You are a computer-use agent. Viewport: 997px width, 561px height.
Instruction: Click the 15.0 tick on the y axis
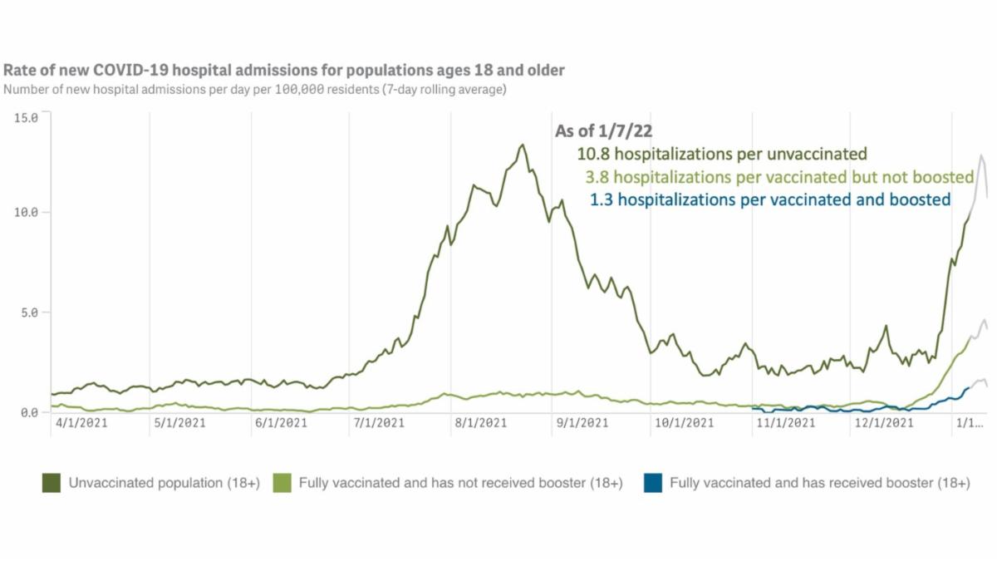tap(27, 117)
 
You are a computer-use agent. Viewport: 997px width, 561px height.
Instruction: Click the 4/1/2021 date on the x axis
tap(79, 423)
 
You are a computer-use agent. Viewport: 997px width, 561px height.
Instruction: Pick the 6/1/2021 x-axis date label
tap(281, 423)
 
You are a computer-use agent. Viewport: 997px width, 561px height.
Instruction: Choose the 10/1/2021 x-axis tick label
tap(684, 423)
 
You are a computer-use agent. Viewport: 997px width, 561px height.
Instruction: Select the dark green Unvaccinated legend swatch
tap(51, 483)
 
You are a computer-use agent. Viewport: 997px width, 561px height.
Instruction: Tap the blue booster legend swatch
tap(652, 483)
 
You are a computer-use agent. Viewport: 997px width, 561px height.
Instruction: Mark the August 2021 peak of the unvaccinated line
tap(522, 145)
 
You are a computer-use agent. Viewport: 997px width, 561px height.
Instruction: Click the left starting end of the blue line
tap(752, 408)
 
